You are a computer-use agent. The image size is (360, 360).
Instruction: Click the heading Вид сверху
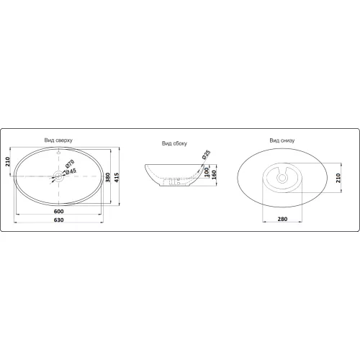58,140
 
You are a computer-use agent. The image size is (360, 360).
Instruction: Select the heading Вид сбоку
174,143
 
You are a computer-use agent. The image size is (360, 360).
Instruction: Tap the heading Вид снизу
282,140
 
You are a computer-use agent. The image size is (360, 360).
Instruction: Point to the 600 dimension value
59,212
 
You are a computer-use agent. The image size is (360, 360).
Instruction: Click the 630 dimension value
59,220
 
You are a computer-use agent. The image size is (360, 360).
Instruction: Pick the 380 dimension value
108,177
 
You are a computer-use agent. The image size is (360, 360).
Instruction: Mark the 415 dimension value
117,177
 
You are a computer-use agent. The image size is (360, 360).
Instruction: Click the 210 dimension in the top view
8,161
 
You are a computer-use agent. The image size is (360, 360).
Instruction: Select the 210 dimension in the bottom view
338,178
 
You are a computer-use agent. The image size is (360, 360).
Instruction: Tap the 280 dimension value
282,219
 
